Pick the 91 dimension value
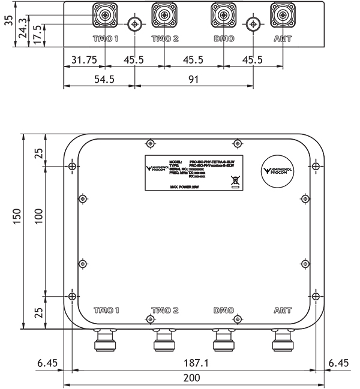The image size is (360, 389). click(193, 80)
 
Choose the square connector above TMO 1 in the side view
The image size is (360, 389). click(105, 14)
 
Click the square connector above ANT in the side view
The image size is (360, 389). click(282, 14)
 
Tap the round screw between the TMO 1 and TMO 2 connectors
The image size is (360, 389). click(134, 25)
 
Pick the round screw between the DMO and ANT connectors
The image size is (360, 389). click(253, 25)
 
